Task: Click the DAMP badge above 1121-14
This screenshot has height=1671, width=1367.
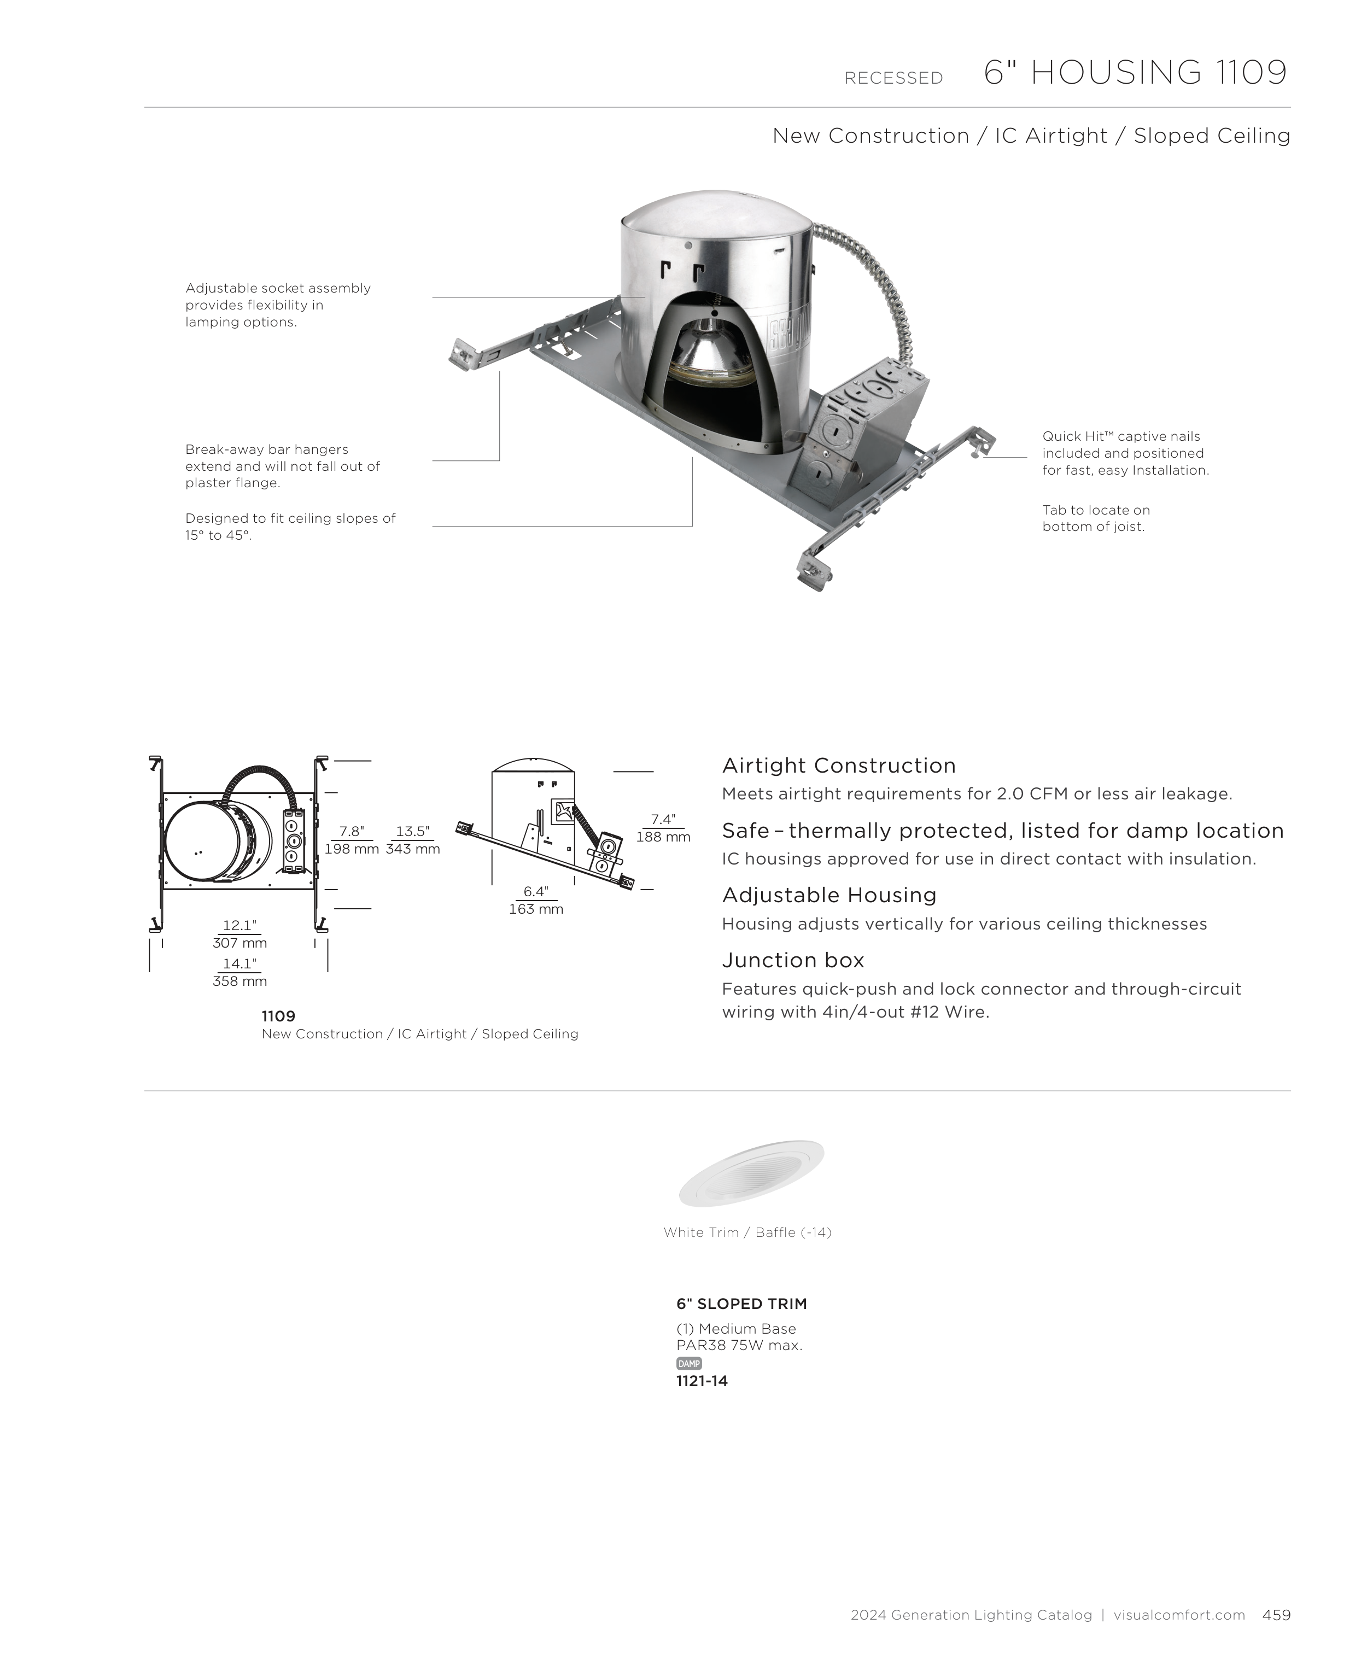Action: [688, 1363]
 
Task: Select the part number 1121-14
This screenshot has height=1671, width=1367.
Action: [702, 1381]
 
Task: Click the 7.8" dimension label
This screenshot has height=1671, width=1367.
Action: [351, 832]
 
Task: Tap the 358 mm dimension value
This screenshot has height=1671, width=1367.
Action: [239, 981]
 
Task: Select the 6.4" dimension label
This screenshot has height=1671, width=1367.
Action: [535, 891]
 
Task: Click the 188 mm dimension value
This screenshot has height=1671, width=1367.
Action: [663, 837]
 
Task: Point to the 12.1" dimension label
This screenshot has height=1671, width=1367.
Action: [239, 925]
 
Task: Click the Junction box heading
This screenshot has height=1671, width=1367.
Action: [793, 960]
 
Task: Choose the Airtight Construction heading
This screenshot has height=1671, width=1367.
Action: [839, 766]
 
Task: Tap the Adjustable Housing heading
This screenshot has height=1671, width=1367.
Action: [829, 895]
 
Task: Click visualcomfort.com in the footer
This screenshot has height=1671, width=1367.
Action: [1179, 1615]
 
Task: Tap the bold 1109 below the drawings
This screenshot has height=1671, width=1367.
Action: [278, 1016]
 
